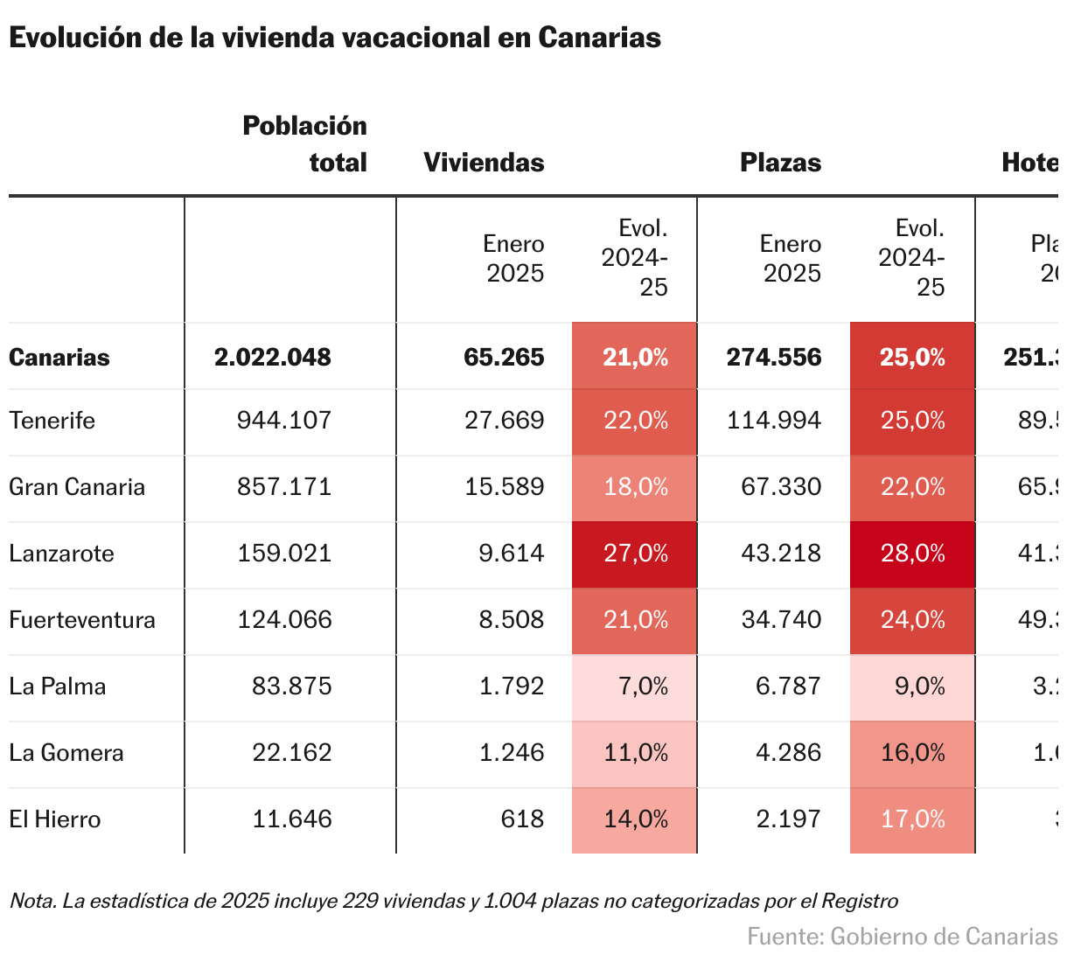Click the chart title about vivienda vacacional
pyautogui.click(x=335, y=38)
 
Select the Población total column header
pyautogui.click(x=304, y=144)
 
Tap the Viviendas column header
pyautogui.click(x=484, y=163)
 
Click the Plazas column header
pyautogui.click(x=780, y=163)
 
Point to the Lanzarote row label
pyautogui.click(x=61, y=554)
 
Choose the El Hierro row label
pyautogui.click(x=55, y=819)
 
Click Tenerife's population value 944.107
pyautogui.click(x=284, y=421)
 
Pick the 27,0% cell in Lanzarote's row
pyautogui.click(x=636, y=554)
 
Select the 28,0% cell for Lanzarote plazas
pyautogui.click(x=913, y=554)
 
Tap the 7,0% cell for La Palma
pyautogui.click(x=643, y=687)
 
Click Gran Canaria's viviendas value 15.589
pyautogui.click(x=505, y=487)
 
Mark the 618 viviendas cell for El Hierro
pyautogui.click(x=522, y=819)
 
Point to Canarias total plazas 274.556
pyautogui.click(x=774, y=358)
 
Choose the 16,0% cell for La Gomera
pyautogui.click(x=913, y=753)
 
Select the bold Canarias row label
pyautogui.click(x=59, y=358)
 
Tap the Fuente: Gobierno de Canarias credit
pyautogui.click(x=902, y=937)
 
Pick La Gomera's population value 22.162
pyautogui.click(x=292, y=753)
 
